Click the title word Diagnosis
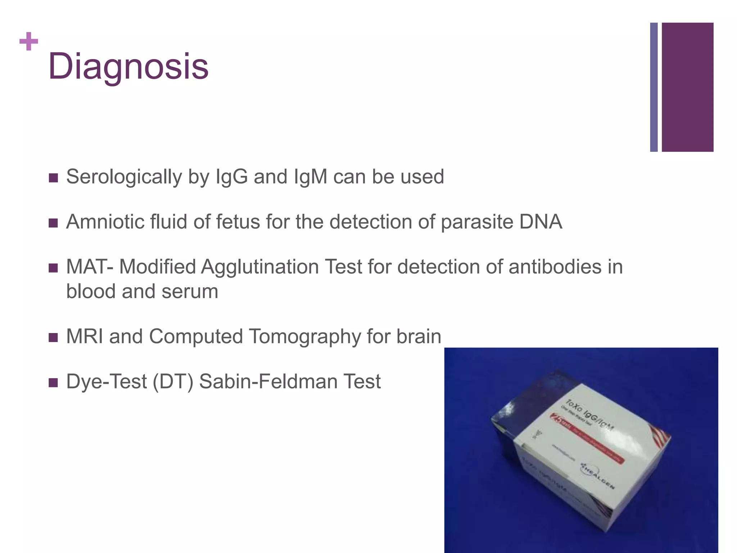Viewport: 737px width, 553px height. click(x=128, y=67)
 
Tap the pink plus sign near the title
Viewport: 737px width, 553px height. click(x=29, y=41)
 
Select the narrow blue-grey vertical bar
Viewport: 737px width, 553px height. click(x=654, y=87)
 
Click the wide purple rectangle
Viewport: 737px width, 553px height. click(x=687, y=87)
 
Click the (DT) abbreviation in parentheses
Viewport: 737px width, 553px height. click(x=172, y=382)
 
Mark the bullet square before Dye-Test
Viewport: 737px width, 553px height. click(x=53, y=382)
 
